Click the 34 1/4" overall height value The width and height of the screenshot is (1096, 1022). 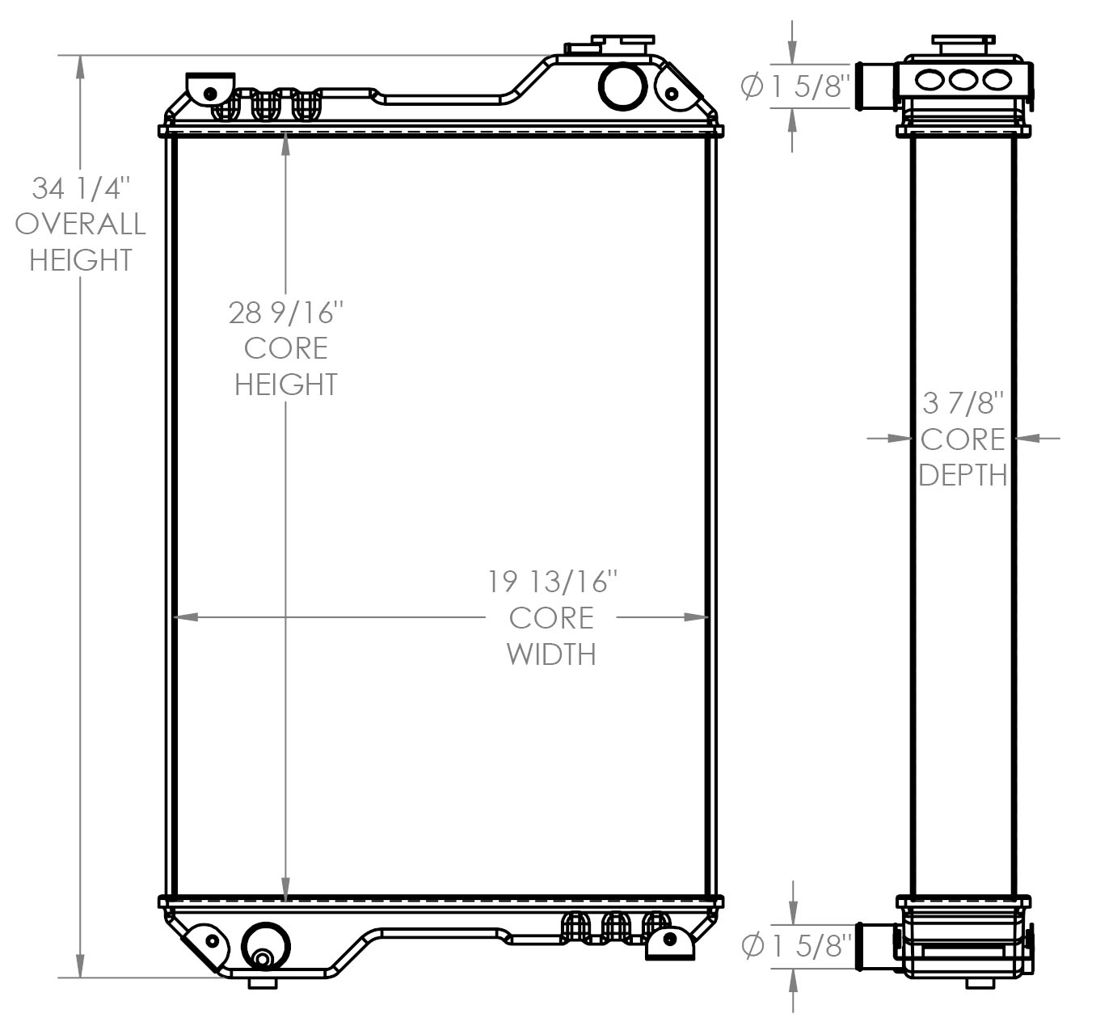click(80, 188)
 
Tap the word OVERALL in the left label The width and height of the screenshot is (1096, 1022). click(80, 224)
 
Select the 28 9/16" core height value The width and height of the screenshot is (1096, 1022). click(286, 312)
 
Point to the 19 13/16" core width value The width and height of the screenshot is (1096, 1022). click(552, 581)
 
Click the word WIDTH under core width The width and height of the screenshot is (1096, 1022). click(551, 654)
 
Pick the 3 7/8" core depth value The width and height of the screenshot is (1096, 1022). click(963, 402)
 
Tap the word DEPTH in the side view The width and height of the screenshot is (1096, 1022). click(963, 475)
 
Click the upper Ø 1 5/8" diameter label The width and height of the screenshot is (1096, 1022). click(795, 86)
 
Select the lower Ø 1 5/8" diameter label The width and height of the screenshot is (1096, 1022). click(796, 944)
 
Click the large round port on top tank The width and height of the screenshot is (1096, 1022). click(622, 85)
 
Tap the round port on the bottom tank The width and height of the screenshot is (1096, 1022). click(264, 946)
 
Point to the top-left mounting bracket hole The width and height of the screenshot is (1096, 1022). click(210, 92)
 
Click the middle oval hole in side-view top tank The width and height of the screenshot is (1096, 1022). click(963, 79)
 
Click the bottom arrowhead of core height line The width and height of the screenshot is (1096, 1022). click(286, 889)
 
